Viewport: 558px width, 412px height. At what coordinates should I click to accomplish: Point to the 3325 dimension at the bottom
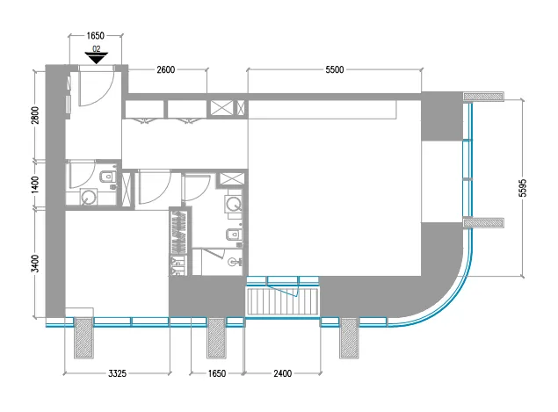pos(117,373)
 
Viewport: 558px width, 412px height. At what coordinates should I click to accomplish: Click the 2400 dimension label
pos(281,373)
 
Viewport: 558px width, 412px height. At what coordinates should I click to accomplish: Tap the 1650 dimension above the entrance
pos(95,37)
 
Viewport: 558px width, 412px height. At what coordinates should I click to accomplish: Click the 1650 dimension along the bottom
pos(216,373)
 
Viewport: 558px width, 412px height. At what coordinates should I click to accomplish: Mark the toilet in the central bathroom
pos(231,235)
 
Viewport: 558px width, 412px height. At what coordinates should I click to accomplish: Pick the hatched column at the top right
pos(481,96)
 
